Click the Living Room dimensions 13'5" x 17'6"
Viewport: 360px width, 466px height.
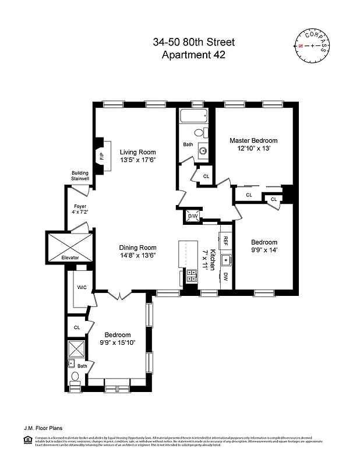[138, 160]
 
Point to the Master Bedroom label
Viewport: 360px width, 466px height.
[253, 140]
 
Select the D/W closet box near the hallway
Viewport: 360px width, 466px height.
[192, 216]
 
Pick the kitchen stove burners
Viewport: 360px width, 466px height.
[190, 276]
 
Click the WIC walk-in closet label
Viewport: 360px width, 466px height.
[82, 287]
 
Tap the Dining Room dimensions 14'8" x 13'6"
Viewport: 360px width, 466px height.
[138, 255]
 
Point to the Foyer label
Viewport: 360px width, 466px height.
[80, 206]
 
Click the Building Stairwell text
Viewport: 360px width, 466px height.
[80, 176]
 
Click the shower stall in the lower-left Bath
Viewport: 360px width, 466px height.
[77, 349]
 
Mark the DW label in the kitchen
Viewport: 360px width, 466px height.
[224, 278]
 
